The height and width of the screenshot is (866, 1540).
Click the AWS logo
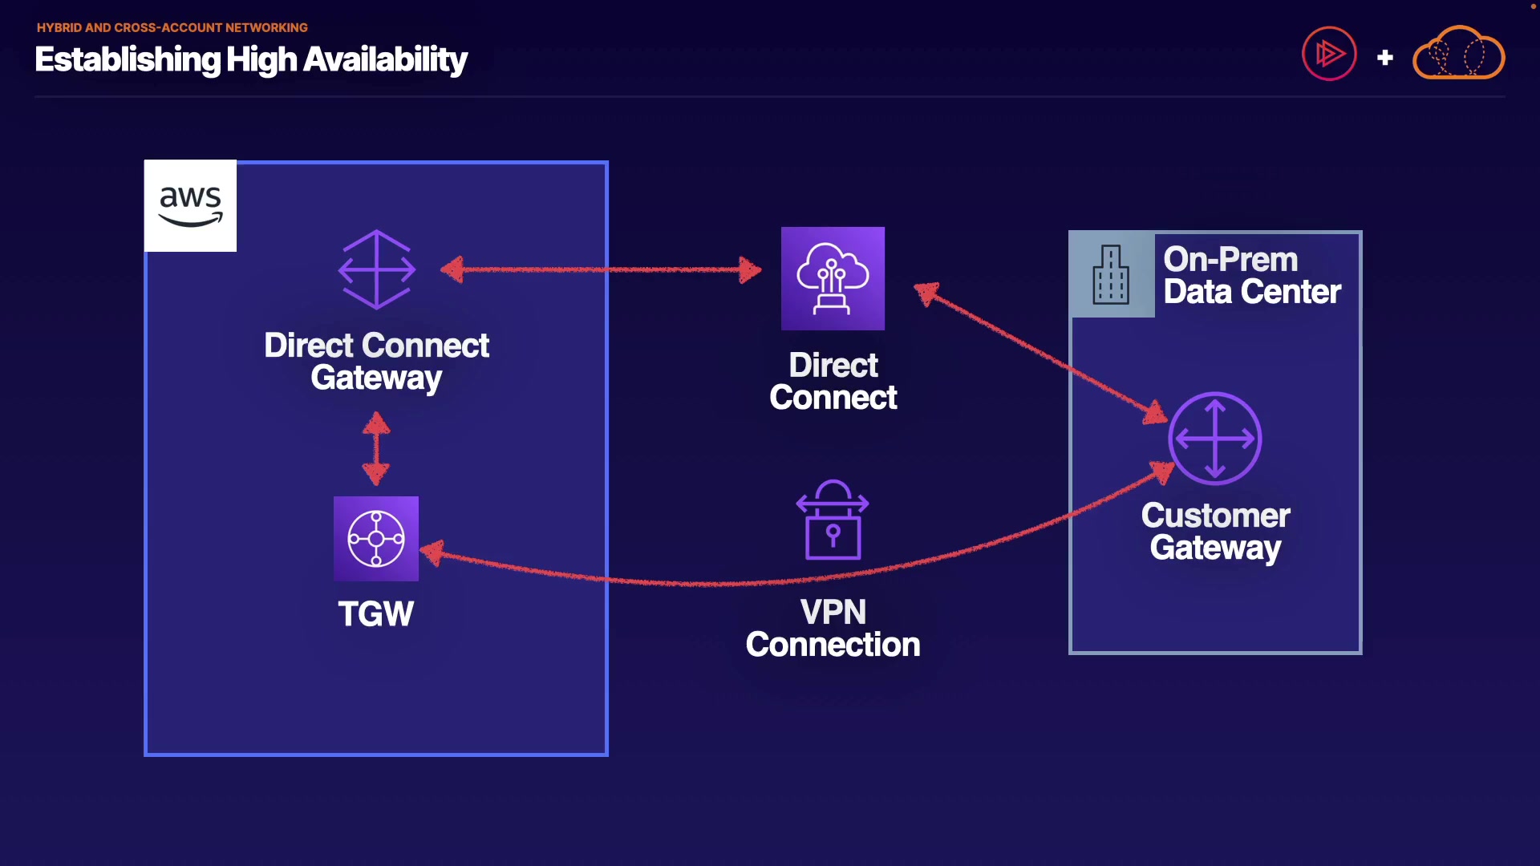tap(190, 205)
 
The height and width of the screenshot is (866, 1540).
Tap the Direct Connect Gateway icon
tap(377, 269)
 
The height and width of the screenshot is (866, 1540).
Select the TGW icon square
tap(376, 539)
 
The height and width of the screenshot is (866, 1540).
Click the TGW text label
tap(375, 614)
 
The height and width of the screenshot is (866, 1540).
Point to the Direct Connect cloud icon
tap(833, 278)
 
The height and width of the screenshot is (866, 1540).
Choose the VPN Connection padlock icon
tap(833, 520)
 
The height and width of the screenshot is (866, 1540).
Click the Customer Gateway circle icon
tap(1215, 439)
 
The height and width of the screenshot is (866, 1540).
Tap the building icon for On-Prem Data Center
tap(1111, 275)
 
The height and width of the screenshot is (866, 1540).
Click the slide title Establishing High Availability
tap(251, 60)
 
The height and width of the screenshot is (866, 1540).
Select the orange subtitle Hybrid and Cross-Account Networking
tap(172, 27)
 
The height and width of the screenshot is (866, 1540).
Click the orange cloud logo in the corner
tap(1458, 53)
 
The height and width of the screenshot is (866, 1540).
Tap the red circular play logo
tap(1329, 54)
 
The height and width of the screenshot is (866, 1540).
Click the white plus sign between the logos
tap(1385, 58)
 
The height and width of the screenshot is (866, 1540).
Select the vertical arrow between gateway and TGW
tap(376, 448)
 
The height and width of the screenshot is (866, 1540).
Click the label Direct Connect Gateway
tap(377, 362)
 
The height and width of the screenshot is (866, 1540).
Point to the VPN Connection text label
tap(833, 629)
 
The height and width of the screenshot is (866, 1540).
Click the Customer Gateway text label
tap(1216, 532)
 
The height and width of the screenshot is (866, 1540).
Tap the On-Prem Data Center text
tap(1252, 276)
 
